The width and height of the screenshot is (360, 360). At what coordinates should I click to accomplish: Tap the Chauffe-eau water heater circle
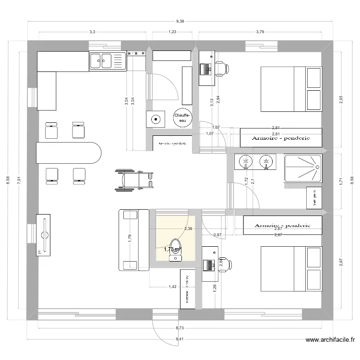pyautogui.click(x=182, y=118)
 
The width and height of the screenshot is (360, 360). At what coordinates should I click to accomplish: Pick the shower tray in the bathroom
pyautogui.click(x=302, y=168)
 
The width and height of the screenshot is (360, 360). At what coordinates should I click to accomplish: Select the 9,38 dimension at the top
pyautogui.click(x=180, y=21)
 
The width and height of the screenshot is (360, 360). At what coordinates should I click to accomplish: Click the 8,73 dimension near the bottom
pyautogui.click(x=180, y=328)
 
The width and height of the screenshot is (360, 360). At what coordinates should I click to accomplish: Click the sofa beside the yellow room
pyautogui.click(x=133, y=240)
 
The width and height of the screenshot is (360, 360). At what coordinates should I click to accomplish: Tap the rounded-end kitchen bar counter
pyautogui.click(x=69, y=153)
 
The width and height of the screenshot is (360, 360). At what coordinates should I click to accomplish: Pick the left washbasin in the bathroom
pyautogui.click(x=245, y=162)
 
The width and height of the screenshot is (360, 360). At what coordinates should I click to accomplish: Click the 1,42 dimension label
pyautogui.click(x=172, y=287)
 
